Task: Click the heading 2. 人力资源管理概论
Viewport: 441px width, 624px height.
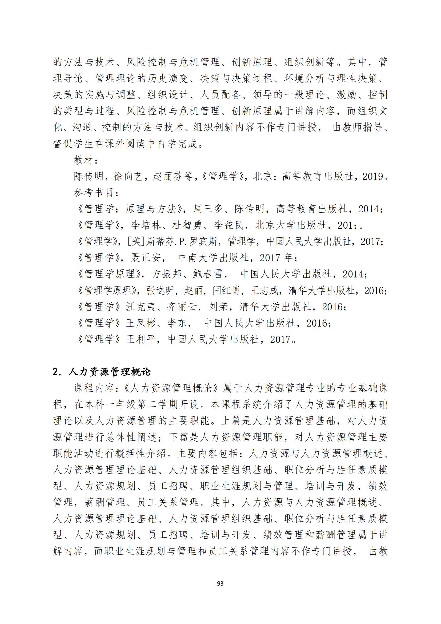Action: pos(102,372)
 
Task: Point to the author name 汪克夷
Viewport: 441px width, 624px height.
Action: pos(141,307)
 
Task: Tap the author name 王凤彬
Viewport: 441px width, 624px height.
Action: pos(141,323)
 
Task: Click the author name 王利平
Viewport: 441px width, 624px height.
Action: pos(141,339)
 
